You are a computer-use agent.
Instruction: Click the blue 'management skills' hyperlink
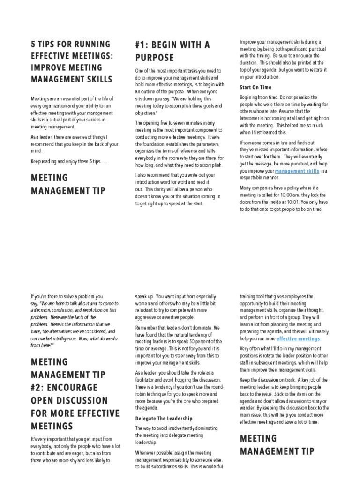click(297, 172)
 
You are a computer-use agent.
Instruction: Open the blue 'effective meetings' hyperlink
click(298, 338)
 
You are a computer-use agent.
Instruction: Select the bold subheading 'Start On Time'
click(255, 87)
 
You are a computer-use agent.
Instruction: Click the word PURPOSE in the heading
click(154, 58)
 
